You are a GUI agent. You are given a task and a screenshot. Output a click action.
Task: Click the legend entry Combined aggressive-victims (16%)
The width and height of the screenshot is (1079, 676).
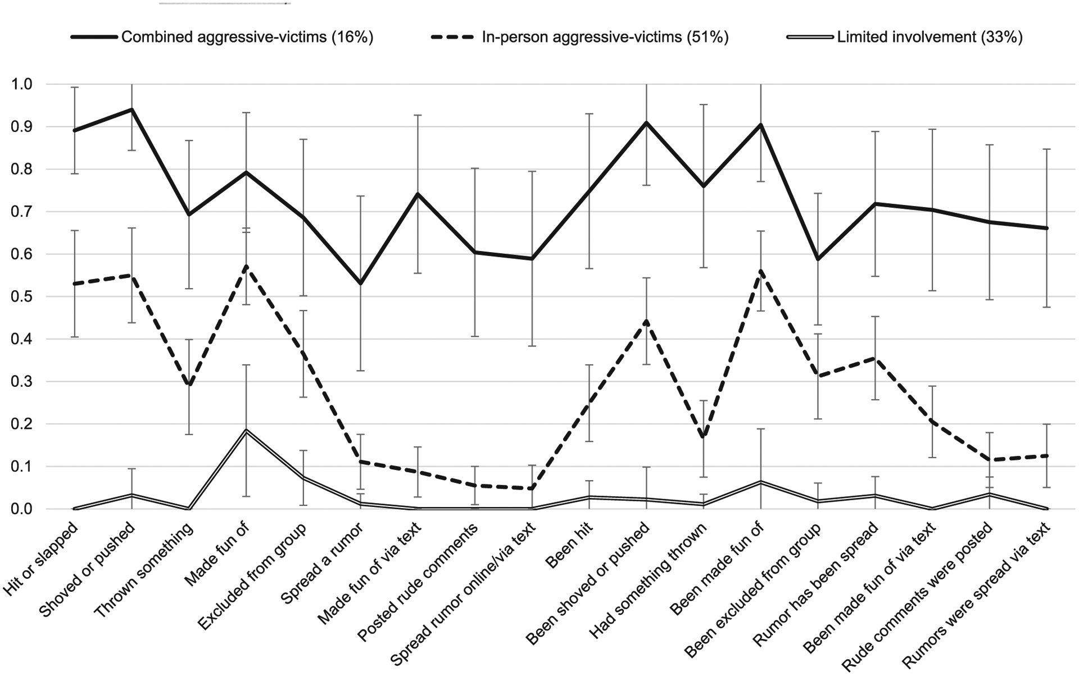pos(247,38)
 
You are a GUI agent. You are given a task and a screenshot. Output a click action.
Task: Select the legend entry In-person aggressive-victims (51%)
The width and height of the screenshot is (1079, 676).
pos(605,38)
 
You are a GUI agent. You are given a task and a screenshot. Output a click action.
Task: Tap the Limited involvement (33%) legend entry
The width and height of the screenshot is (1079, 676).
pos(930,38)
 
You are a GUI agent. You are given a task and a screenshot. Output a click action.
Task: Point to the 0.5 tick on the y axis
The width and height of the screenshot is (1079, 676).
pos(22,297)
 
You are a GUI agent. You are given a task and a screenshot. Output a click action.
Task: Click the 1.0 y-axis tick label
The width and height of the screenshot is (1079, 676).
pos(22,84)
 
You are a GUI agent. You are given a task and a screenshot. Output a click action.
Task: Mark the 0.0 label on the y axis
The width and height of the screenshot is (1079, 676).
pos(22,509)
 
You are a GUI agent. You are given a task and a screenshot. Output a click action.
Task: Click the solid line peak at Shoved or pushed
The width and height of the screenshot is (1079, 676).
pos(132,109)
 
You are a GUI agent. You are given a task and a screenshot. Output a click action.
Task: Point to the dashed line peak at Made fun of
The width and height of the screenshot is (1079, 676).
pos(246,266)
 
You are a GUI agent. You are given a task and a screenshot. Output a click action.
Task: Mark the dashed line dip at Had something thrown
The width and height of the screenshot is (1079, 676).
pos(704,436)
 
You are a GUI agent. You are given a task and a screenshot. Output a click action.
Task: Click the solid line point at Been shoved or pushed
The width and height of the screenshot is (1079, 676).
pos(646,122)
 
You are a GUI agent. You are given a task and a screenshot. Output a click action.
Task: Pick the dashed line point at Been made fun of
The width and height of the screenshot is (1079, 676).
pos(761,271)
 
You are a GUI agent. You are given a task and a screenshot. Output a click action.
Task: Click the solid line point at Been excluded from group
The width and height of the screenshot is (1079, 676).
pos(818,259)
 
